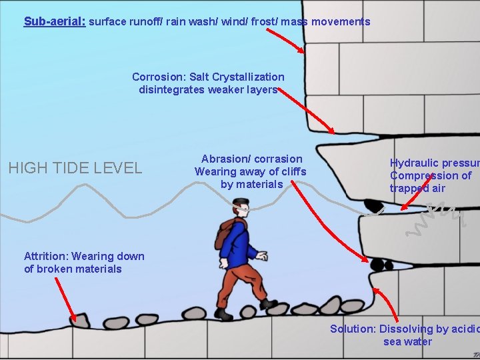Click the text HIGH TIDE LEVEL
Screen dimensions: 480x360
click(x=75, y=168)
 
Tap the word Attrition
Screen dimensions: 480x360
click(x=46, y=256)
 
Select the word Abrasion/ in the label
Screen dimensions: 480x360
click(x=225, y=159)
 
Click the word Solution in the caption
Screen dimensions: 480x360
click(x=352, y=329)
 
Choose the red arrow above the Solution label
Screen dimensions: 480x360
click(x=385, y=305)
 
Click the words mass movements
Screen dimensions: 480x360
click(x=325, y=21)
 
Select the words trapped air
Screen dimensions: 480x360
click(x=417, y=188)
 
